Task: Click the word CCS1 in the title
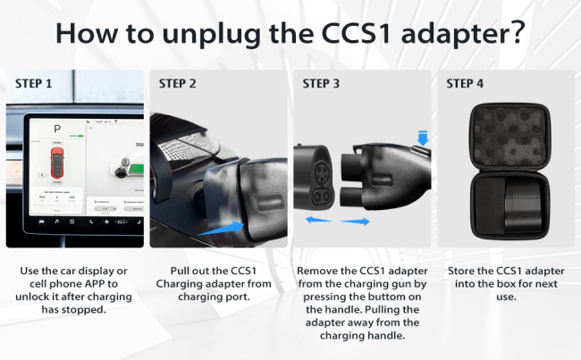click(x=357, y=32)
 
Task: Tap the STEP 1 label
click(x=33, y=84)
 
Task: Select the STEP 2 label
click(x=177, y=84)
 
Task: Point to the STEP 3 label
click(x=321, y=84)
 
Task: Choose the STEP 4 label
click(x=465, y=84)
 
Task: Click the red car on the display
click(x=57, y=163)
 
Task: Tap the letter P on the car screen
click(x=57, y=129)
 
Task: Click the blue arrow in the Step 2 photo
click(x=221, y=228)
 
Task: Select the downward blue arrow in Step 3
click(x=423, y=138)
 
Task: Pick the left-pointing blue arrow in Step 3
click(x=319, y=220)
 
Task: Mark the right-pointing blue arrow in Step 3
click(x=355, y=222)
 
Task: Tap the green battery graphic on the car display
click(x=136, y=171)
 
